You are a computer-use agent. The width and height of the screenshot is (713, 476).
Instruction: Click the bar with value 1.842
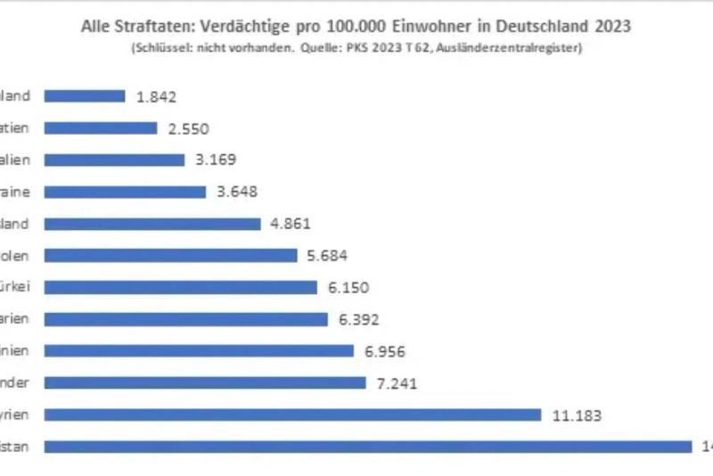click(85, 96)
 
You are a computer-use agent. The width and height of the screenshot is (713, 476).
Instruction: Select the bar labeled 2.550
click(101, 128)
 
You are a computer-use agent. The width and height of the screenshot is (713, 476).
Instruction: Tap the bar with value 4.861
click(152, 224)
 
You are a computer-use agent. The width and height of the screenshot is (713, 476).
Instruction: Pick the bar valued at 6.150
click(181, 287)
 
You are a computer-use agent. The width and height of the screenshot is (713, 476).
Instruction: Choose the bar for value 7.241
click(205, 383)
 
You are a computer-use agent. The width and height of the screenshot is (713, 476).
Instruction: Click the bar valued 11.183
click(292, 414)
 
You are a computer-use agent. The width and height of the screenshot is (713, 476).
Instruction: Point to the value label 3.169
click(215, 160)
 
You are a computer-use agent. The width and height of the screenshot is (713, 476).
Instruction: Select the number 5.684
click(326, 256)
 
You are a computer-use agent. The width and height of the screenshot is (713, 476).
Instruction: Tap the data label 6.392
click(358, 319)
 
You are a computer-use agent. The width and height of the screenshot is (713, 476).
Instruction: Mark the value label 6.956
click(385, 351)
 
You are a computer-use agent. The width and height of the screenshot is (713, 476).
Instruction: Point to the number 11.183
click(577, 414)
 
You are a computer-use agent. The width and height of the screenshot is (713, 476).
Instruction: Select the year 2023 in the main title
click(611, 27)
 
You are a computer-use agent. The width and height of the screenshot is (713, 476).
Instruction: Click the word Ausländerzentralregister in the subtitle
click(522, 47)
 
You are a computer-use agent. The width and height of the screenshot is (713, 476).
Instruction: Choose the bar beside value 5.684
click(170, 256)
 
